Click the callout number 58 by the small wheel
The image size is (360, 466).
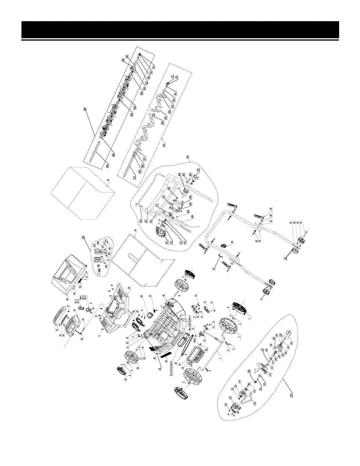coord(285,258)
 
